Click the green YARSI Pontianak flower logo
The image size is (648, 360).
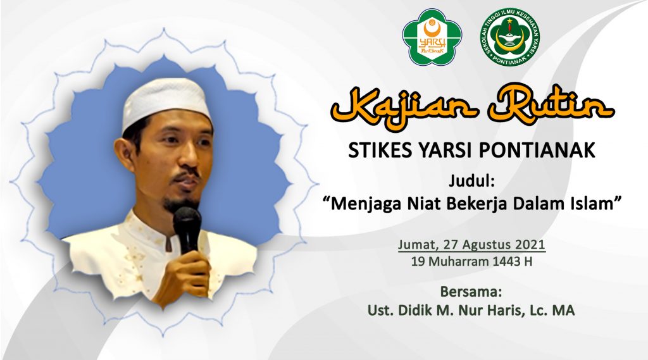pos(432,37)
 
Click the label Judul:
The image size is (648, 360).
pos(471,182)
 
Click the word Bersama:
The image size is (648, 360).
pos(471,292)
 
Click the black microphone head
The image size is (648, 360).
pos(187,221)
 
